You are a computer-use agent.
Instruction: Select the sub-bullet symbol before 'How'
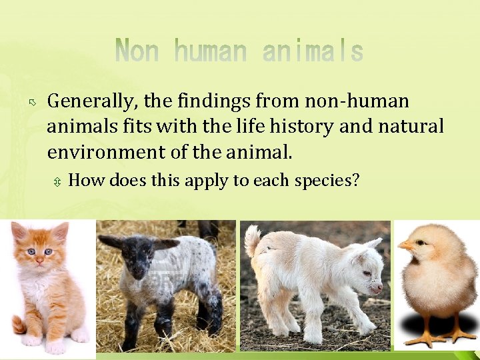pos(58,181)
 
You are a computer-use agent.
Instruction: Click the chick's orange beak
pos(405,246)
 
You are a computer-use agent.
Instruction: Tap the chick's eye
pos(420,243)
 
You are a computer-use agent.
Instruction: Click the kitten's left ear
pos(20,231)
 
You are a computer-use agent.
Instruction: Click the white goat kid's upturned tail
pos(253,241)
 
